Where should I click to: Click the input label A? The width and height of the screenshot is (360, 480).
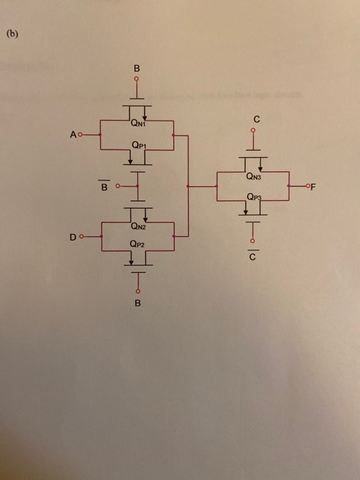point(71,134)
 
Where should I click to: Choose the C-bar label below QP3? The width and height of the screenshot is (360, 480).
point(252,258)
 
